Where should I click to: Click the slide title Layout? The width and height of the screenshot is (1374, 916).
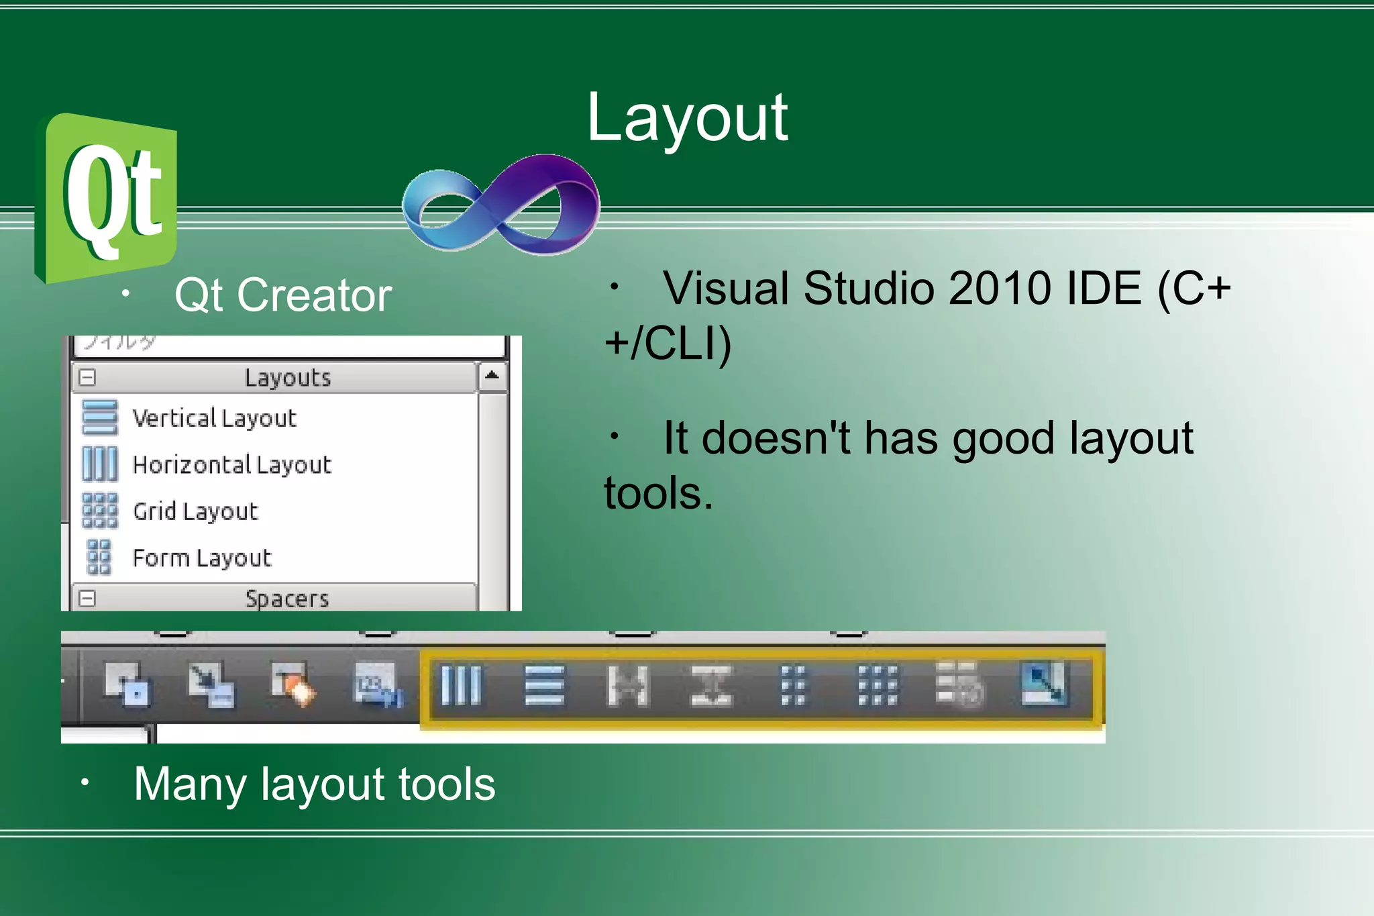687,119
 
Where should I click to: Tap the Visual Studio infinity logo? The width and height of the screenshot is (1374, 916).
501,205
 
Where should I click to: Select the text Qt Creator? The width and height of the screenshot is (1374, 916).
282,295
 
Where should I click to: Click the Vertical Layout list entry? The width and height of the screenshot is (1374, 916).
214,418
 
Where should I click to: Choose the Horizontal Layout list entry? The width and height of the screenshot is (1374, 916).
231,464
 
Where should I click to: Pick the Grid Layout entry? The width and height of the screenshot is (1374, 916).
195,511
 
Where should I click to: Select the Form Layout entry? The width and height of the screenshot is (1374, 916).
201,558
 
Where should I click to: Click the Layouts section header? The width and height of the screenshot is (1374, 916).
287,378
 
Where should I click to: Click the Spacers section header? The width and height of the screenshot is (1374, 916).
286,598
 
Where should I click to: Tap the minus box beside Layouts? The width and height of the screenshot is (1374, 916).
87,378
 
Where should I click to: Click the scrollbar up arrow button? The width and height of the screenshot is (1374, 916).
492,376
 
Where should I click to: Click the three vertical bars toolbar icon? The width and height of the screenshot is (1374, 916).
462,685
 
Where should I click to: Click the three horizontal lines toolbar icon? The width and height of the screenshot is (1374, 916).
544,685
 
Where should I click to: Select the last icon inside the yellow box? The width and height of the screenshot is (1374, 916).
1044,684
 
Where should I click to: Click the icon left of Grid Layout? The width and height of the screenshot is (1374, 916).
99,511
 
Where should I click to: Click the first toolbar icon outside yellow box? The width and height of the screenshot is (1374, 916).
127,684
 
